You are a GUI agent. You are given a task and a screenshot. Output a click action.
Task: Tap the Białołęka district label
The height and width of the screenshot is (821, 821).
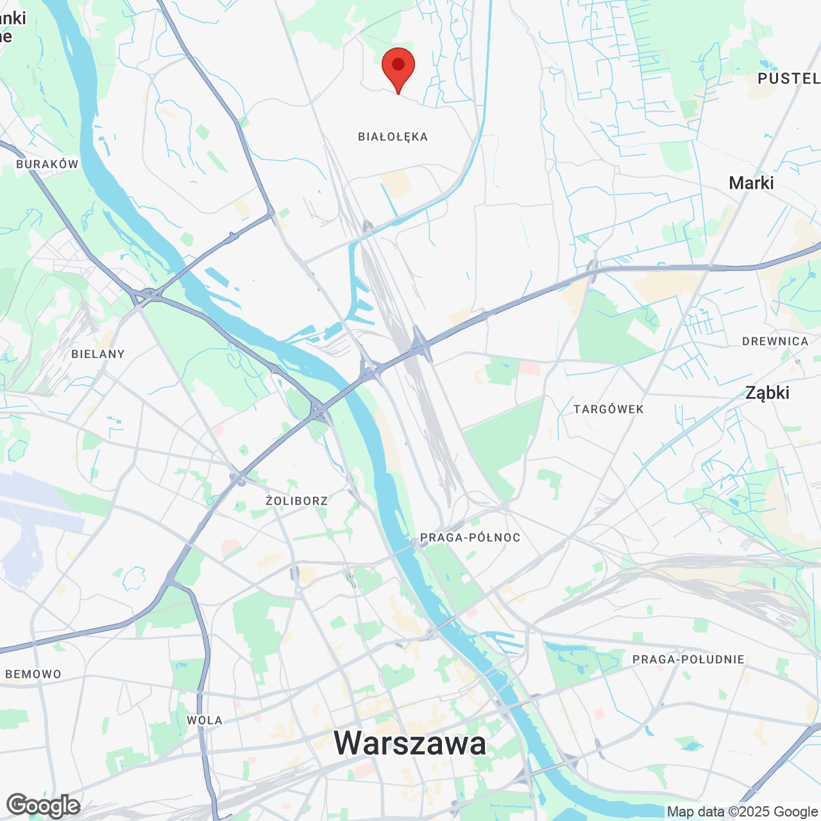393,137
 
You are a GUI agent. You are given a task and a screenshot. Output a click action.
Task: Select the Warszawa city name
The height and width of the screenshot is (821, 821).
410,743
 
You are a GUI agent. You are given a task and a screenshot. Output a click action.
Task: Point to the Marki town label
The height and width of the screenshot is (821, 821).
751,183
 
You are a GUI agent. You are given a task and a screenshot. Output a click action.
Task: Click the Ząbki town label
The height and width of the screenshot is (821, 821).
767,393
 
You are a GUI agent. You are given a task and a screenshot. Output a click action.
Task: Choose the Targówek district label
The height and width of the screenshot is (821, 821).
608,409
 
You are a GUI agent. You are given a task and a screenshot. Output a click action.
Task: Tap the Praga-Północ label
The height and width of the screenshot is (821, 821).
470,537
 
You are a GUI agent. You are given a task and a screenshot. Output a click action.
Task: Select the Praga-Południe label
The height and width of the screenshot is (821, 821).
688,659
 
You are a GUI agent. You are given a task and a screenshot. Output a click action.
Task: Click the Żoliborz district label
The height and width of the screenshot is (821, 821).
297,500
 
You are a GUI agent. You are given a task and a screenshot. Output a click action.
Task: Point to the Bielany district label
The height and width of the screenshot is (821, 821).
98,354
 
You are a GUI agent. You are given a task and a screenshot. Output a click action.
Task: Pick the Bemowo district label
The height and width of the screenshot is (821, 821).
33,674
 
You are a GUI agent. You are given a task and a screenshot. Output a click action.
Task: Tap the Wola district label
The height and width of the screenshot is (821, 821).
205,720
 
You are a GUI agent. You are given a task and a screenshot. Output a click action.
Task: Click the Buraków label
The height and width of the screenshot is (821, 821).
47,164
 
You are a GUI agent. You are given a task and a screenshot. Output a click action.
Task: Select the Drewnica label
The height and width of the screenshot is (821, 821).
775,341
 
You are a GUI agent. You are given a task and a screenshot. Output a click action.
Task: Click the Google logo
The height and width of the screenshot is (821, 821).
43,805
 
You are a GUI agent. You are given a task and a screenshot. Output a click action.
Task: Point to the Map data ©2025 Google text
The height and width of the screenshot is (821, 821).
742,812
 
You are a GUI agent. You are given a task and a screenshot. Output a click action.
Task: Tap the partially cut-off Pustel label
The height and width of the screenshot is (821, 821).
788,78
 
